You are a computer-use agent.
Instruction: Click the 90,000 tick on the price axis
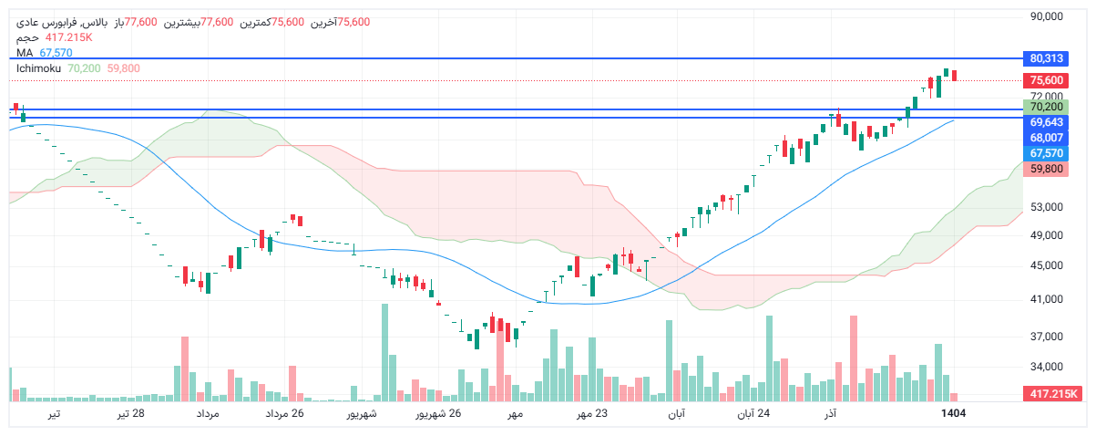tap(1048, 16)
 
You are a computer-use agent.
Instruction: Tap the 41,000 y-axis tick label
tap(1048, 299)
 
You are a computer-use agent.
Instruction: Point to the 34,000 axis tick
tap(1048, 367)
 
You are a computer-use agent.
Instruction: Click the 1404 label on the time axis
tap(953, 414)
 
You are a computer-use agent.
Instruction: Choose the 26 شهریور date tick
tap(439, 414)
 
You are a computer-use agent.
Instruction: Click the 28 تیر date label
tap(130, 414)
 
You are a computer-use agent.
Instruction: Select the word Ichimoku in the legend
tap(38, 68)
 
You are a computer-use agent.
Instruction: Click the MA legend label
tap(25, 53)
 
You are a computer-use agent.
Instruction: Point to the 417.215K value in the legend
tap(69, 37)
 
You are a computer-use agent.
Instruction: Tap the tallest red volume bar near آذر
tap(854, 358)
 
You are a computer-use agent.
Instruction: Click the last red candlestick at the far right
tap(954, 75)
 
